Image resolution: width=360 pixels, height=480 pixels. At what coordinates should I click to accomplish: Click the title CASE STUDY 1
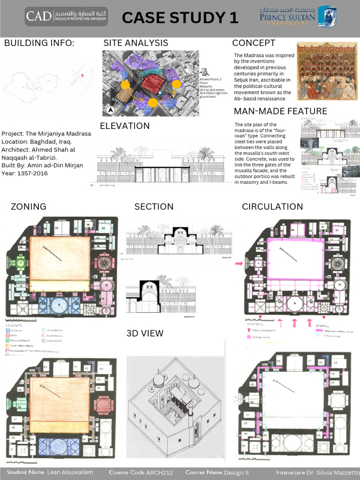pos(180,18)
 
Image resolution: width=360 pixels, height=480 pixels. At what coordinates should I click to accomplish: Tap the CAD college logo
pos(66,16)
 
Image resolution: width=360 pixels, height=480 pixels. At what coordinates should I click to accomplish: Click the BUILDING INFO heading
pos(39,44)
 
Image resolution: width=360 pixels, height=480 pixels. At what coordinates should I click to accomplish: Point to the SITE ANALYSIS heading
pos(135,43)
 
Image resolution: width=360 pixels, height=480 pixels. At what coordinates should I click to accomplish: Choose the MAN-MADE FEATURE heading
pos(280,111)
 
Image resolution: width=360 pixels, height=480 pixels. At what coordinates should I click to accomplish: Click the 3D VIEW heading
pos(145,333)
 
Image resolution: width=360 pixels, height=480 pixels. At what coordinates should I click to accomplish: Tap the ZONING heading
pos(28,206)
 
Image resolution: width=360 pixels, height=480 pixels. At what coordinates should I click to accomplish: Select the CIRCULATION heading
pos(272,206)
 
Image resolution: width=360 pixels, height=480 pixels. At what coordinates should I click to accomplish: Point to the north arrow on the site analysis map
pos(110,110)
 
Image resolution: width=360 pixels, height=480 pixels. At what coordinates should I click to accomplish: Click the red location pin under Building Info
pos(82,75)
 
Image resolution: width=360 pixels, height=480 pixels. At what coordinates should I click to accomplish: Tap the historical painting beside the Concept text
pos(327,71)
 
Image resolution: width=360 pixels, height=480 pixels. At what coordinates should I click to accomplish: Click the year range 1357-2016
pos(32,173)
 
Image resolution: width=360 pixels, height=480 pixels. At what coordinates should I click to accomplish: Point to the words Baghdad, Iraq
pos(51,142)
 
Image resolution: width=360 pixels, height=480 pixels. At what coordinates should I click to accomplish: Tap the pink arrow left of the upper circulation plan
pos(239,264)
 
